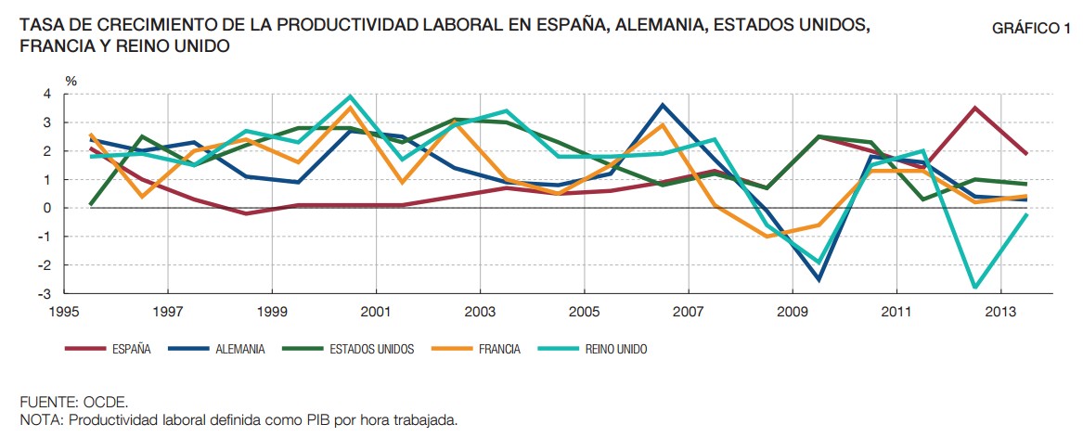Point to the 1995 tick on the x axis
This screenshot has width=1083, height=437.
point(63,311)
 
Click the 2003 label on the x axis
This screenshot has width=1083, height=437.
point(479,311)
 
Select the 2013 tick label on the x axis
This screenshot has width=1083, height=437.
point(999,311)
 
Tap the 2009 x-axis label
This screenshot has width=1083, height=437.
point(792,311)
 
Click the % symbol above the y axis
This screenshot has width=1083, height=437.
point(71,81)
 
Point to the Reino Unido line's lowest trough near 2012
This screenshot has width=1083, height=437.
point(974,288)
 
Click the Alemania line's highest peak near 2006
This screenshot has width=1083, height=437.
point(662,105)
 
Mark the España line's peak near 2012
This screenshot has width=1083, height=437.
point(974,108)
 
